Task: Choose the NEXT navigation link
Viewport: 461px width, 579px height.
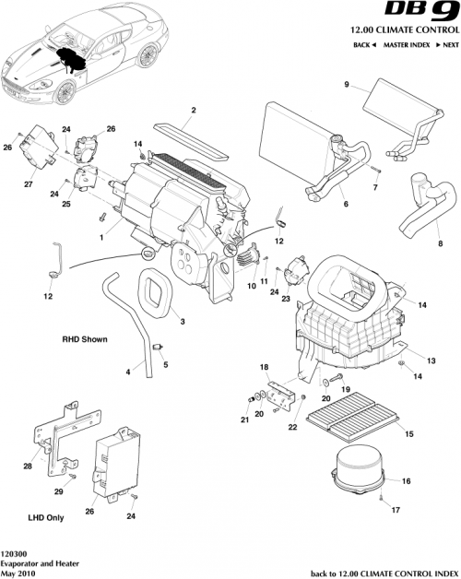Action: (448, 45)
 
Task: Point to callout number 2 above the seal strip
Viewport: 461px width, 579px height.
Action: (194, 112)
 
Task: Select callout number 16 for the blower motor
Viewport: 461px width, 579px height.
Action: (407, 480)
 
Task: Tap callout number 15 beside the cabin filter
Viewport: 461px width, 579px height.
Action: (408, 433)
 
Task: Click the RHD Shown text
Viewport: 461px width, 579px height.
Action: (85, 339)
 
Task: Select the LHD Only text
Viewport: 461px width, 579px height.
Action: (42, 519)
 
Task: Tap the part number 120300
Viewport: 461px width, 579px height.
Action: (14, 552)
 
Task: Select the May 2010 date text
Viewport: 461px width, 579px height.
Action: (19, 572)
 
